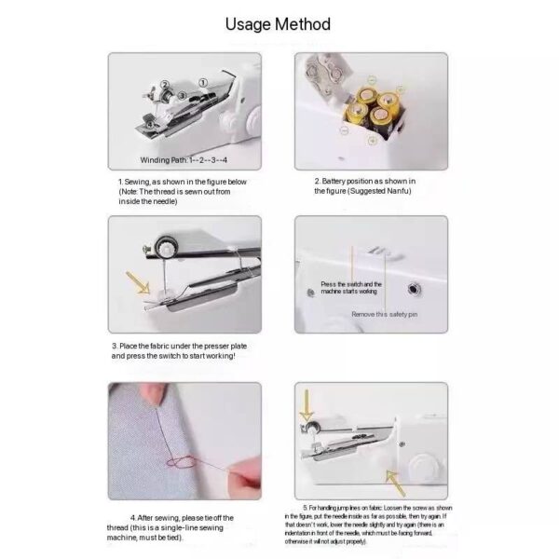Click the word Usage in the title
(x=246, y=23)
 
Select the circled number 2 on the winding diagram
(x=164, y=86)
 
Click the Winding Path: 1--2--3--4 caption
(x=184, y=160)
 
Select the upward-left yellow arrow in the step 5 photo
(x=396, y=481)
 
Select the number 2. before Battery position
(x=317, y=180)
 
